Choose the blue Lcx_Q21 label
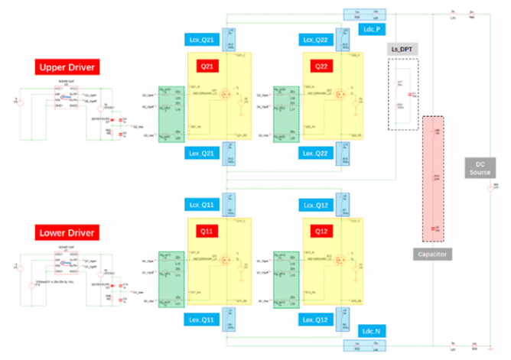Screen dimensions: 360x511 (204, 38)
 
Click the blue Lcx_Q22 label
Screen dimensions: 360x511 (318, 38)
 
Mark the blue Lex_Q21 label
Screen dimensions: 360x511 (203, 154)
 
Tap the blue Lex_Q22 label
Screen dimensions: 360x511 (318, 154)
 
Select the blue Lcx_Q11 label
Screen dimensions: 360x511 (204, 205)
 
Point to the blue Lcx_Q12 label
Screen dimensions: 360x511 (318, 205)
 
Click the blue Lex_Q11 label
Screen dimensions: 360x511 (203, 317)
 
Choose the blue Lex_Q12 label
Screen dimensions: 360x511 (318, 317)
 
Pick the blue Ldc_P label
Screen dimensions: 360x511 (373, 29)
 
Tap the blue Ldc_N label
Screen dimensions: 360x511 (373, 330)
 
